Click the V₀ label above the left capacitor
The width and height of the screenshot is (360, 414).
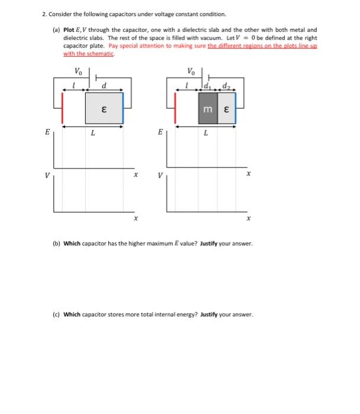pos(78,72)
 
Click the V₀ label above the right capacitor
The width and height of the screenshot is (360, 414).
pos(190,72)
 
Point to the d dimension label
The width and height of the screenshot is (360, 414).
pos(104,85)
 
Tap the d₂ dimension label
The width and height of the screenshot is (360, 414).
pos(225,87)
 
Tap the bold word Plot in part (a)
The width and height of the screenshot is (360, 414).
pos(69,29)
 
